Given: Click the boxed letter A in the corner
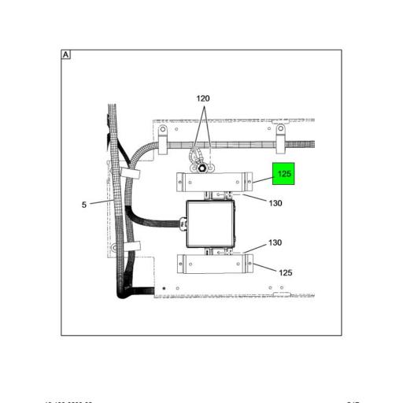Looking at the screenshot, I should tap(66, 55).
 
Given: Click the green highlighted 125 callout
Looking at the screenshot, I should tap(283, 174).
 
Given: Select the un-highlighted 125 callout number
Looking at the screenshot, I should tap(286, 272).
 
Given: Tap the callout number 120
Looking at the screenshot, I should tap(203, 98).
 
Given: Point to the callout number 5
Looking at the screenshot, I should tap(84, 205).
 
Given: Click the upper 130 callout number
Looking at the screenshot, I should tap(275, 203).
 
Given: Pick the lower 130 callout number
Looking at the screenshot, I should tap(275, 243).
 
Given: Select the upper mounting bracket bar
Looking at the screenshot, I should tap(215, 182).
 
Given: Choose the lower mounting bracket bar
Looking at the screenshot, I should tap(215, 264).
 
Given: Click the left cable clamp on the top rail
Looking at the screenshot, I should tap(163, 135).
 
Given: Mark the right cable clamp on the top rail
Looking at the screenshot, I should tap(280, 135).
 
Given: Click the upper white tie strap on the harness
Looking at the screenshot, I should tap(126, 173).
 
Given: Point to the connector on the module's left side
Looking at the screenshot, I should tap(183, 224).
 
